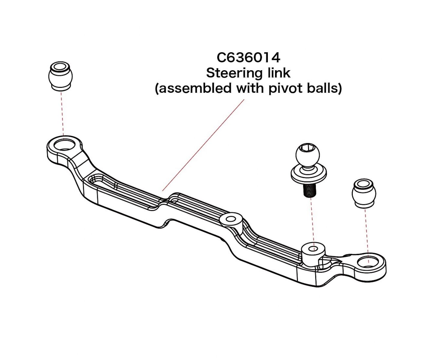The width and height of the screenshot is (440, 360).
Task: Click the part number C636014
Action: pyautogui.click(x=248, y=58)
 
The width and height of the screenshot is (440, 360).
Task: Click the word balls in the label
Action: pyautogui.click(x=322, y=88)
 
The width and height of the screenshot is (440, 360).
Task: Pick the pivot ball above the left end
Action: pyautogui.click(x=60, y=76)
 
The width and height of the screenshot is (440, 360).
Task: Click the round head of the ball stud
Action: pyautogui.click(x=308, y=155)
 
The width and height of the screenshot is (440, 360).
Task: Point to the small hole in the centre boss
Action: pyautogui.click(x=231, y=219)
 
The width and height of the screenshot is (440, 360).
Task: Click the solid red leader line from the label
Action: pyautogui.click(x=203, y=145)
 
